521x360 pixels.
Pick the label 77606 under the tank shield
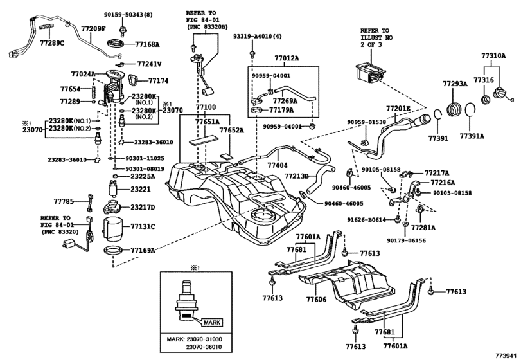(316, 300)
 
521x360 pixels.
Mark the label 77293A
(454, 84)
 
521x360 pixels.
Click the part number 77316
(484, 79)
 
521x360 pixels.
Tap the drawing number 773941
(506, 354)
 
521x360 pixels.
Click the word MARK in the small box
(213, 322)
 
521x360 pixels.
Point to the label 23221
(141, 190)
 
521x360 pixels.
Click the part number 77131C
(144, 226)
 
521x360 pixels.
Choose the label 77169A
(143, 249)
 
